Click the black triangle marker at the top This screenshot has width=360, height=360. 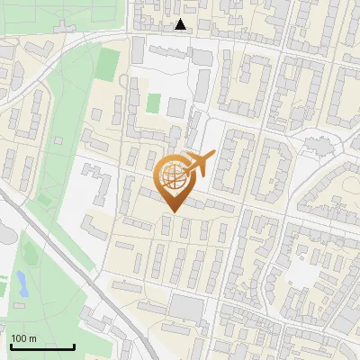(x=182, y=24)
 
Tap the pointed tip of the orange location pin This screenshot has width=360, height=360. (x=172, y=211)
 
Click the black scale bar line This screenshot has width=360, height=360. (x=42, y=346)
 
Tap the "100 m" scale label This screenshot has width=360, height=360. (x=24, y=338)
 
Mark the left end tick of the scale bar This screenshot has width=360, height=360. (x=11, y=345)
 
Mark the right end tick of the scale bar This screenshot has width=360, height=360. (x=74, y=345)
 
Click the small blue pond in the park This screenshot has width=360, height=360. (x=21, y=284)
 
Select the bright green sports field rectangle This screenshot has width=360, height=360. (x=109, y=63)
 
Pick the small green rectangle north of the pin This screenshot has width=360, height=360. (x=154, y=103)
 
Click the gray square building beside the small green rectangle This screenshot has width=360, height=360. (x=176, y=108)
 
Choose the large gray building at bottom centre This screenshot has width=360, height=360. (x=188, y=309)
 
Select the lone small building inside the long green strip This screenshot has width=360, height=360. (x=58, y=141)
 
